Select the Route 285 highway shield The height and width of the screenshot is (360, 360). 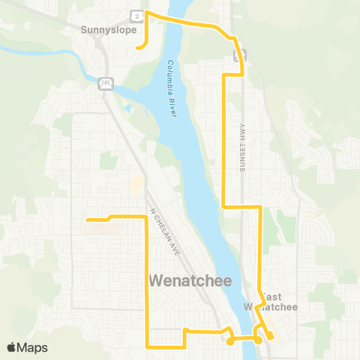click(106, 82)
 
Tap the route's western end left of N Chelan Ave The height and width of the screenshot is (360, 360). click(88, 220)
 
